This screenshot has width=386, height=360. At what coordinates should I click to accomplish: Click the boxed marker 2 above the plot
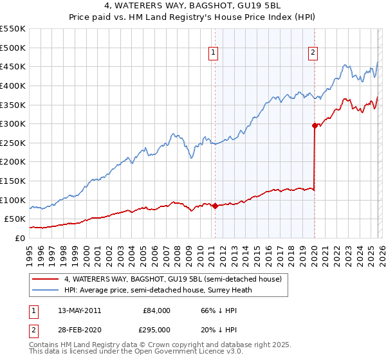313,53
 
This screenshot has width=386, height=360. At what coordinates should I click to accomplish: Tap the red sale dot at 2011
215,206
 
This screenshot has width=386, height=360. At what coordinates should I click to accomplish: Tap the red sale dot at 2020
315,126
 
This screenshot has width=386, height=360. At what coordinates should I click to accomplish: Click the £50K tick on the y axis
15,219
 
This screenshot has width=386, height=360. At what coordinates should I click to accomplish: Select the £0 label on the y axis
20,238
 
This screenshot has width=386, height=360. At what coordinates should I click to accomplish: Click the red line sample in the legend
46,280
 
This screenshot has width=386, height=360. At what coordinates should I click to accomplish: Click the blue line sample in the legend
46,290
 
